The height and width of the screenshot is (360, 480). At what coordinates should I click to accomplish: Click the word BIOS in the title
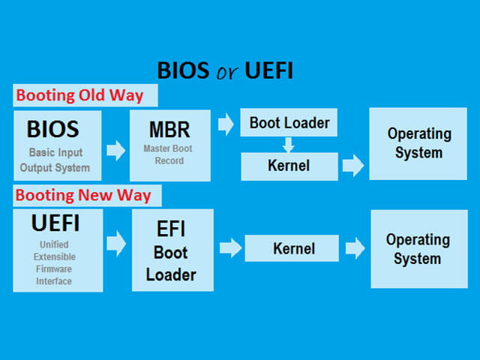pyautogui.click(x=183, y=70)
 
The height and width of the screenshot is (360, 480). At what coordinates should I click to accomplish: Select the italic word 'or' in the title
pyautogui.click(x=226, y=72)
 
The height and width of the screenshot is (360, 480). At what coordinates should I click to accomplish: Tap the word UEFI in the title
pyautogui.click(x=269, y=70)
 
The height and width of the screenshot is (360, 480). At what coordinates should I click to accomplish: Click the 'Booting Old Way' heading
pyautogui.click(x=79, y=95)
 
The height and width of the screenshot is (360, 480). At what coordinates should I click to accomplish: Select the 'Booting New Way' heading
pyautogui.click(x=83, y=195)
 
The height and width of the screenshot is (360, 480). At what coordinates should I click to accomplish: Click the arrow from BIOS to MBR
pyautogui.click(x=115, y=150)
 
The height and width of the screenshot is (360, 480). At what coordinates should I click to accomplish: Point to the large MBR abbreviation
pyautogui.click(x=169, y=130)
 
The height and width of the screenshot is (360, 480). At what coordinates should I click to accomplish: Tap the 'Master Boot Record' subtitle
pyautogui.click(x=168, y=154)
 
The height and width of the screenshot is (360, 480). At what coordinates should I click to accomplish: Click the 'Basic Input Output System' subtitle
pyautogui.click(x=55, y=160)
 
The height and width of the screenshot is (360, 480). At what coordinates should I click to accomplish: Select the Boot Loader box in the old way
pyautogui.click(x=289, y=122)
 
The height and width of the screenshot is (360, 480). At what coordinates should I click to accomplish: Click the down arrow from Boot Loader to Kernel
pyautogui.click(x=288, y=145)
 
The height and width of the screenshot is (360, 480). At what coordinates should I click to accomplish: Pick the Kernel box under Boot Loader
pyautogui.click(x=289, y=166)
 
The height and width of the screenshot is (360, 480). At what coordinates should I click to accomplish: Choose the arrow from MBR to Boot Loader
pyautogui.click(x=226, y=124)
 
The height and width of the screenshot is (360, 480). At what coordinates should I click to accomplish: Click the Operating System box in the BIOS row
pyautogui.click(x=418, y=143)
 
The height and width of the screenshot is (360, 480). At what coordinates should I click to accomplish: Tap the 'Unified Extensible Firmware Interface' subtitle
pyautogui.click(x=54, y=262)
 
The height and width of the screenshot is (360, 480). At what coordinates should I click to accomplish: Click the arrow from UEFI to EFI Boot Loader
pyautogui.click(x=116, y=243)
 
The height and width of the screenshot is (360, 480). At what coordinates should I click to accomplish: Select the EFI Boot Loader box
pyautogui.click(x=172, y=250)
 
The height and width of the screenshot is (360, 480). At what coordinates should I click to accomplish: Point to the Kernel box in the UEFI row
pyautogui.click(x=292, y=248)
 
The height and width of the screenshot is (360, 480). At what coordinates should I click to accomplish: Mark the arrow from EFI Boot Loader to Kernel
pyautogui.click(x=231, y=247)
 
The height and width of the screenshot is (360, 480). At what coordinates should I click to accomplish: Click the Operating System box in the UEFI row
pyautogui.click(x=419, y=249)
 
